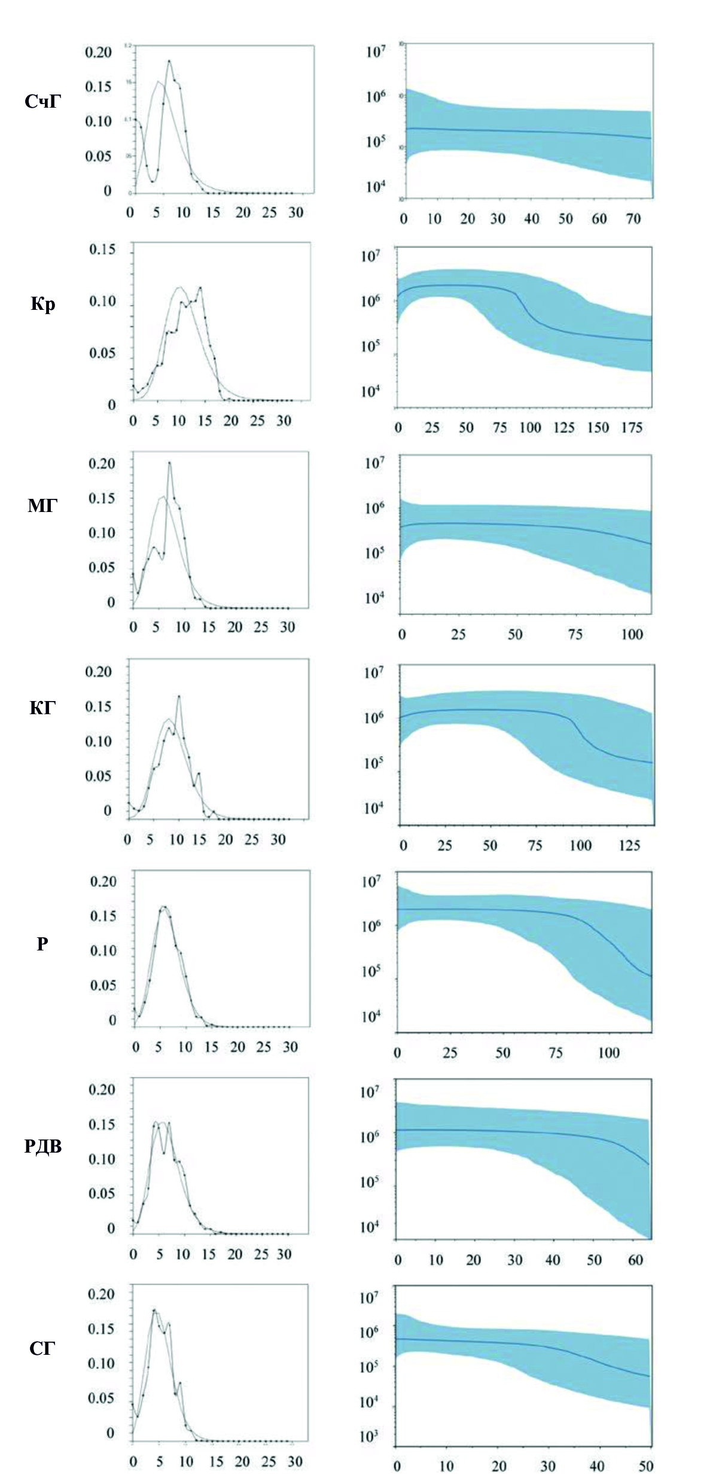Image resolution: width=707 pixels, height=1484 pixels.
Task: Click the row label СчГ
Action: coord(42,102)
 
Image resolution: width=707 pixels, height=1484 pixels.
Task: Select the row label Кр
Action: coord(43,304)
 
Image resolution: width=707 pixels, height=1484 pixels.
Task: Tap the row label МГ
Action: coord(42,506)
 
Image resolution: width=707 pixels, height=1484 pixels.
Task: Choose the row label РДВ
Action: coord(43,1146)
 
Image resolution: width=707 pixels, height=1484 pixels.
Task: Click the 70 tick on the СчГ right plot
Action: coord(633,219)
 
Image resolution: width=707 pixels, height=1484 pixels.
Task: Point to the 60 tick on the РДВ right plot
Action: coord(635,1259)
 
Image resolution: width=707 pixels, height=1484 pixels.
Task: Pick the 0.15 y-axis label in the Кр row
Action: coord(102,249)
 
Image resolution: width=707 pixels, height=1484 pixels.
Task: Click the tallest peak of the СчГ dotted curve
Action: coord(169,61)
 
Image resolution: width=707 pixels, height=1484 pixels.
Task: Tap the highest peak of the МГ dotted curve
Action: coord(169,462)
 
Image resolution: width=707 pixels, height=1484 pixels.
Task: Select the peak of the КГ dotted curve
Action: coord(179,696)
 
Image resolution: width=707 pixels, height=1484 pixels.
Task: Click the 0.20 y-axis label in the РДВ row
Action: coord(101,1089)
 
